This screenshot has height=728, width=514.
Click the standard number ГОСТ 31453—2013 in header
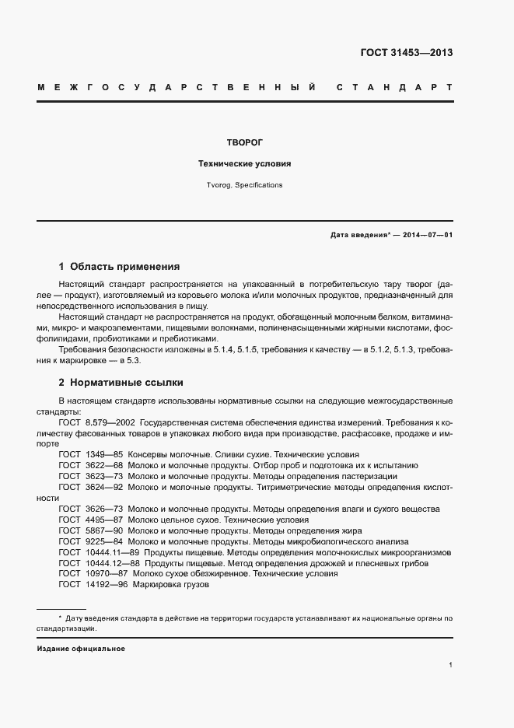click(x=406, y=53)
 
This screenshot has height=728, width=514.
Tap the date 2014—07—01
click(x=427, y=234)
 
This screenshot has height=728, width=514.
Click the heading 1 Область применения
click(x=119, y=265)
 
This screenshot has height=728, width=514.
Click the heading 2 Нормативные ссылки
click(x=121, y=383)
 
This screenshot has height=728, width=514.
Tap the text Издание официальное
click(x=81, y=648)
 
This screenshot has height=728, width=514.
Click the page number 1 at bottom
click(x=450, y=665)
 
